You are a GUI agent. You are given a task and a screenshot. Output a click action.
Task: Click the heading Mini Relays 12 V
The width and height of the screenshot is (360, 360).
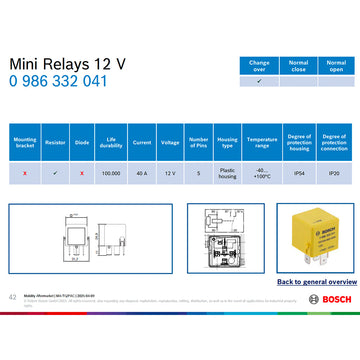[67, 63]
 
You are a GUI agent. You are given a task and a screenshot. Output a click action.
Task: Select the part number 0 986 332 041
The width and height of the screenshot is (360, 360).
[58, 81]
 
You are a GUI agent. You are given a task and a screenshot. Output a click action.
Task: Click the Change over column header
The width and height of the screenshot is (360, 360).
[259, 65]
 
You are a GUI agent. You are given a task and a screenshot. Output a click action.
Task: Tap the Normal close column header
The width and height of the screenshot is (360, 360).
[299, 65]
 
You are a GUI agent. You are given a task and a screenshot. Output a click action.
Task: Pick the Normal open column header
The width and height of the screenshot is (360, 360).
[336, 65]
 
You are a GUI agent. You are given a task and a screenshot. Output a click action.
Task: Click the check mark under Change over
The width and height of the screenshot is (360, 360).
[259, 81]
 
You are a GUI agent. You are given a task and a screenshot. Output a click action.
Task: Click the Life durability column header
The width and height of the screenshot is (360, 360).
[110, 143]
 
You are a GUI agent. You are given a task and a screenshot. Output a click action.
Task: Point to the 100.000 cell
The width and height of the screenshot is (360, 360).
[110, 172]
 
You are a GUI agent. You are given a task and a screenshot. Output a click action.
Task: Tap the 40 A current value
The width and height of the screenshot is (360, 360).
[141, 172]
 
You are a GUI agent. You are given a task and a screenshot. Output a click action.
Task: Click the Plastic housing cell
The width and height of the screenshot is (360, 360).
[227, 172]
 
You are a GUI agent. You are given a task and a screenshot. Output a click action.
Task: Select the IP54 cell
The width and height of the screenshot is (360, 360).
[298, 172]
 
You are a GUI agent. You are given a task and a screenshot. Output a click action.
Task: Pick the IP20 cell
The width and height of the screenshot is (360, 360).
[334, 172]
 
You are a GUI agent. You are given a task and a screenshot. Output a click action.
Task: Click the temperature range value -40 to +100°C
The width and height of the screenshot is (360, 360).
[262, 172]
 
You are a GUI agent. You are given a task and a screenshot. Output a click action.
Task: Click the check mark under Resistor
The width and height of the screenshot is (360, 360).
[54, 172]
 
